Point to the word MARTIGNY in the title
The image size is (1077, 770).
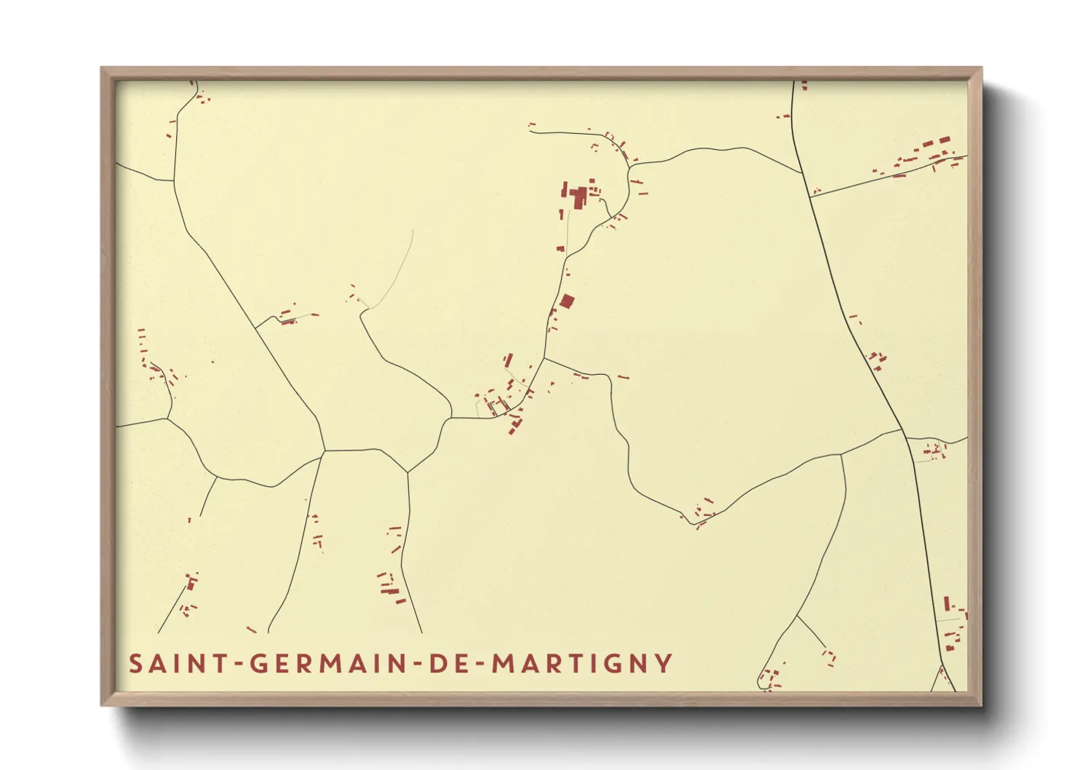[582, 664]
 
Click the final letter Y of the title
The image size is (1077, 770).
[663, 664]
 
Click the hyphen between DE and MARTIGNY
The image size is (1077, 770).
[480, 664]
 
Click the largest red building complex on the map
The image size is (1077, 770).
[579, 196]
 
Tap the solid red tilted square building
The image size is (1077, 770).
[567, 301]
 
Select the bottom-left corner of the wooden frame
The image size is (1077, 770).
[103, 704]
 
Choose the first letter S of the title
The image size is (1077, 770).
[135, 664]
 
